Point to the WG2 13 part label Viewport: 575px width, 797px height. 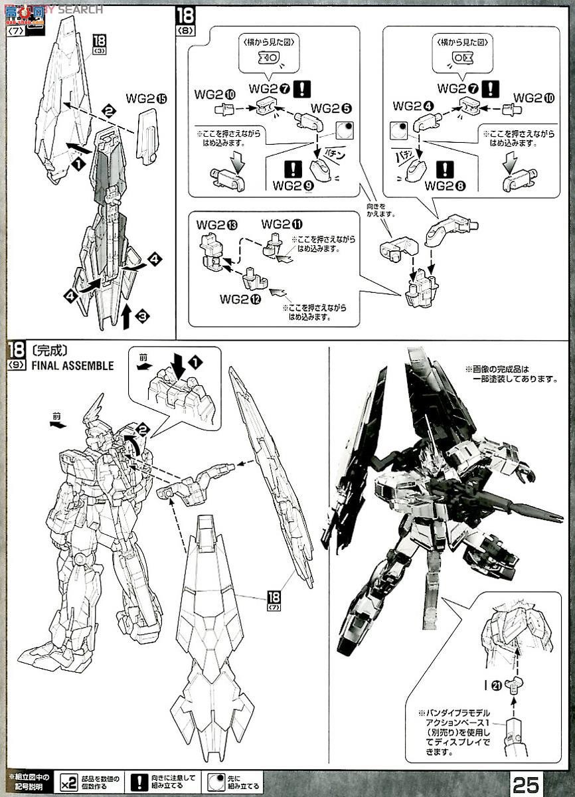pos(212,224)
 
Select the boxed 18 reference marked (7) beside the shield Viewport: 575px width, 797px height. pos(273,598)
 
